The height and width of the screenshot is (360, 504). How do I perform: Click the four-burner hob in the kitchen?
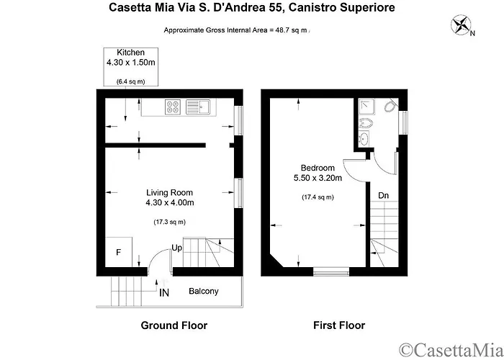point(174,107)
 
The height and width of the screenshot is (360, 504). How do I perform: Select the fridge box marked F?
point(118,253)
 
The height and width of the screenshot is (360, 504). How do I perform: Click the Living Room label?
point(169,192)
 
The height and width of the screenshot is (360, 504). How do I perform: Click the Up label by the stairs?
point(176,248)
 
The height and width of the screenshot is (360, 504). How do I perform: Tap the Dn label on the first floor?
point(384,195)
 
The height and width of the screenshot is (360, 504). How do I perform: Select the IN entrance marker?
point(164,292)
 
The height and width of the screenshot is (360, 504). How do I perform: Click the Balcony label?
point(204,292)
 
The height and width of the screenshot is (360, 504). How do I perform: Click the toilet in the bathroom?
point(389,107)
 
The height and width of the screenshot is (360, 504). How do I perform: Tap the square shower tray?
point(367,107)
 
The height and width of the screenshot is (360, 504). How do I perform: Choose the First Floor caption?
point(338,325)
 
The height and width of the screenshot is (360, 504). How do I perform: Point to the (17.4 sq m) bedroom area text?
point(317,197)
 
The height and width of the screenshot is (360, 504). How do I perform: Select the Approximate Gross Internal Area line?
point(236,30)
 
